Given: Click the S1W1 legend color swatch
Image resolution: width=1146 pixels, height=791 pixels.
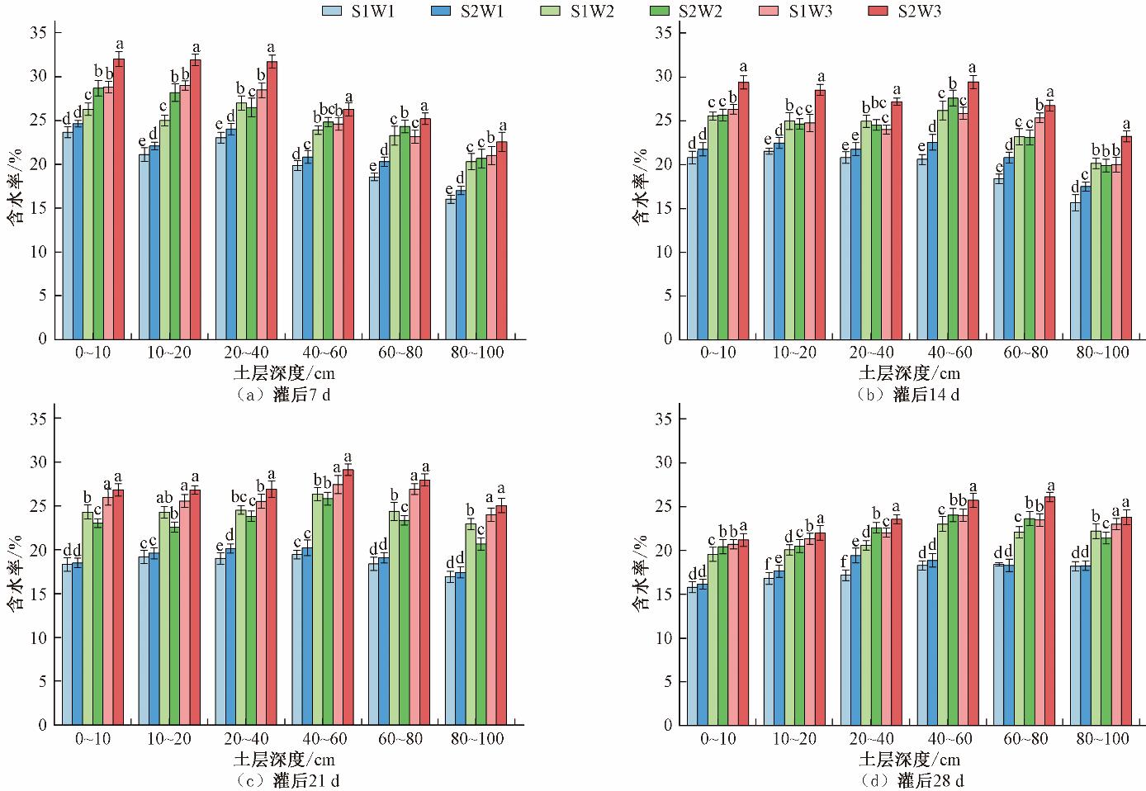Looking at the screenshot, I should click(x=334, y=11).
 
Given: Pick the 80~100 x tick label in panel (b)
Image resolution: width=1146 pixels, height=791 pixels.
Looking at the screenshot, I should click(x=1102, y=353).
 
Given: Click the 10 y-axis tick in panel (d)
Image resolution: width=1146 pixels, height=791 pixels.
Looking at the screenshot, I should click(x=665, y=637).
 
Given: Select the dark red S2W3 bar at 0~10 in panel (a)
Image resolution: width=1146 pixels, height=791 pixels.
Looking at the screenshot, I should click(x=119, y=198).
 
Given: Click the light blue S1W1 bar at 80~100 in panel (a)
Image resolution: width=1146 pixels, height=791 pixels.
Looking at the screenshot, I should click(x=451, y=268).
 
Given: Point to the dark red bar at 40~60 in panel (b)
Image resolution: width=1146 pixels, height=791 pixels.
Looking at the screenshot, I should click(x=973, y=210).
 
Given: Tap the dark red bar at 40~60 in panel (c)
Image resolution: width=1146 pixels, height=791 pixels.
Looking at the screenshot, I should click(x=348, y=597).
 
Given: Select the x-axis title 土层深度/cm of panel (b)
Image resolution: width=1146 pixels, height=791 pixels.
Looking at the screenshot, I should click(x=909, y=373).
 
